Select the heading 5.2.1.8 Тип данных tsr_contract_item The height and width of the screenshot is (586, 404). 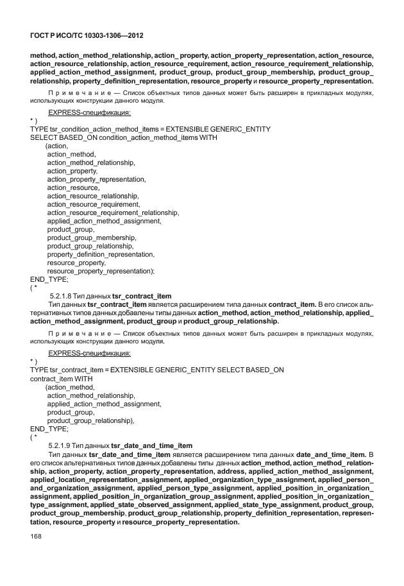tap(110, 295)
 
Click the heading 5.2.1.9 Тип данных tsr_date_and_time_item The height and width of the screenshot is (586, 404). tap(121, 445)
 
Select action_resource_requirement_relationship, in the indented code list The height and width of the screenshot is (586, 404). tap(113, 212)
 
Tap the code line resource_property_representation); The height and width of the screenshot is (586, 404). tap(101, 271)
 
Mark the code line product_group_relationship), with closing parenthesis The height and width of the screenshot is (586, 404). tap(90, 420)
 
